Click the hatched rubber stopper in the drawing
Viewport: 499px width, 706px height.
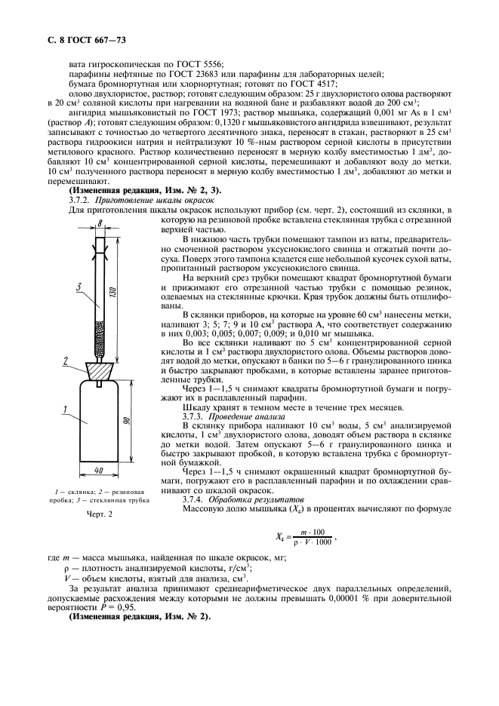[100, 369]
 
